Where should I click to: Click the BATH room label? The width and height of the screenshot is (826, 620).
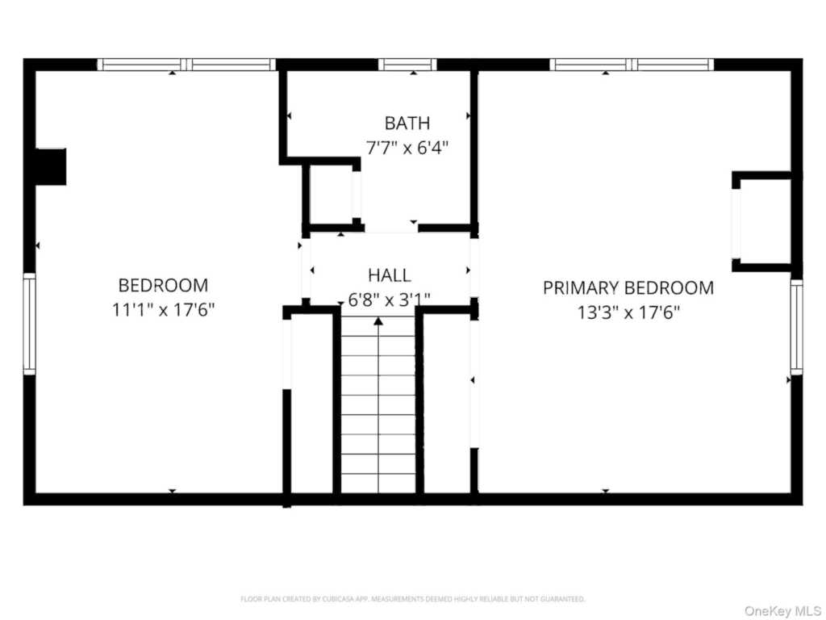tap(407, 124)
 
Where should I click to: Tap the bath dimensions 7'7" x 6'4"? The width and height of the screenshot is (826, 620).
tap(407, 148)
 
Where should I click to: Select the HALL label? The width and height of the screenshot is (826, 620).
tap(389, 275)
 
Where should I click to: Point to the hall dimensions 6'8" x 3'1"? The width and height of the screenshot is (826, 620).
tap(389, 300)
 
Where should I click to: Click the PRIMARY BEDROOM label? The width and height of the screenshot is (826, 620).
tap(628, 287)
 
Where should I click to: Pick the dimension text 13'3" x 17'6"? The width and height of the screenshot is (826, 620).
tap(628, 312)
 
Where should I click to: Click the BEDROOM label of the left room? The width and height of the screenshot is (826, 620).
tap(163, 285)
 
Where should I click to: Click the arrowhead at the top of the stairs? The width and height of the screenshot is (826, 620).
tap(378, 321)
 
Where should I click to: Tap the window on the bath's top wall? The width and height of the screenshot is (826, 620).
tap(407, 65)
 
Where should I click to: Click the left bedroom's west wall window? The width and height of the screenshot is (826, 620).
tap(30, 324)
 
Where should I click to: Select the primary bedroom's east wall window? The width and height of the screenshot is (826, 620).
tap(796, 327)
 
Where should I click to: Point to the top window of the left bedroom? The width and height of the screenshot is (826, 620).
tap(186, 65)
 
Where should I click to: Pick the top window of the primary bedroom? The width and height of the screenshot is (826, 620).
tap(632, 65)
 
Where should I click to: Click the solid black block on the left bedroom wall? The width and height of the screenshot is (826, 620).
tap(50, 166)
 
